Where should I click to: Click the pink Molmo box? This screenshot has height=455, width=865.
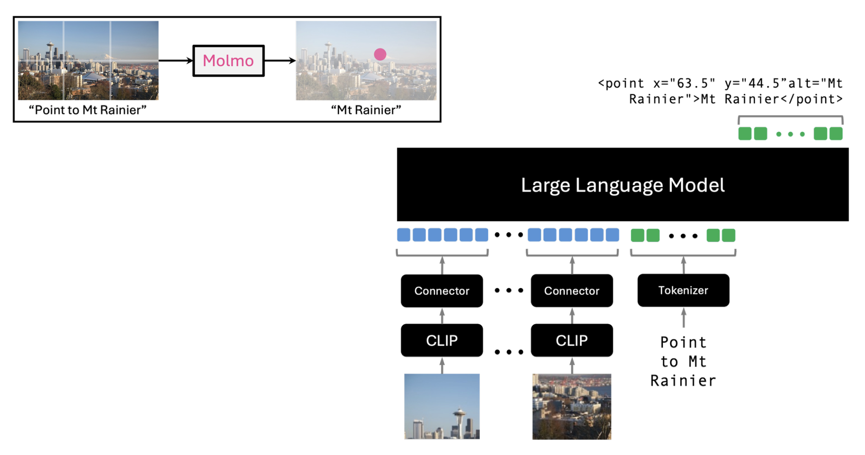[x=228, y=61]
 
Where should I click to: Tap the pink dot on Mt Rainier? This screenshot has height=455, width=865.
[x=380, y=55]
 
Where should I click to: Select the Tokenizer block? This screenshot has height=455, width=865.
[x=683, y=290]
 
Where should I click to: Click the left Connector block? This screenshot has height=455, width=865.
[x=442, y=291]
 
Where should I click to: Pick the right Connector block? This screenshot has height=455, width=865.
[x=572, y=291]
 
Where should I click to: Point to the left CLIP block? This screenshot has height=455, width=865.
[x=442, y=340]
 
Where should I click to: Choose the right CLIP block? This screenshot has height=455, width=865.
[x=572, y=340]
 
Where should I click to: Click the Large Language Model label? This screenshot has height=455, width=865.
[x=622, y=185]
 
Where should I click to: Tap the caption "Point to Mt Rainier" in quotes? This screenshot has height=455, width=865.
[x=88, y=110]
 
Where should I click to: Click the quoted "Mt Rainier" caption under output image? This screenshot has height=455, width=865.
[x=366, y=110]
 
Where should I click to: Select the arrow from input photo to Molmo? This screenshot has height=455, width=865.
[x=176, y=61]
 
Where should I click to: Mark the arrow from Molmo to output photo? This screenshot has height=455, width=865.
[x=280, y=61]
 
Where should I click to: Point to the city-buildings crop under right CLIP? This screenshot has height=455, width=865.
[x=572, y=406]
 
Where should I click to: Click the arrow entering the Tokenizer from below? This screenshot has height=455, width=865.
[x=683, y=317]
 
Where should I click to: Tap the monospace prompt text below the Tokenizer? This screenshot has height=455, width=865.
[x=683, y=361]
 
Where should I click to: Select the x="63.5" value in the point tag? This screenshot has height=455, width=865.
[x=684, y=83]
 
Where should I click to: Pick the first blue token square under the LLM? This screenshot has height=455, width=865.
[x=403, y=235]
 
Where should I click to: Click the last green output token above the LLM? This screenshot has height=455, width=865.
[x=836, y=134]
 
